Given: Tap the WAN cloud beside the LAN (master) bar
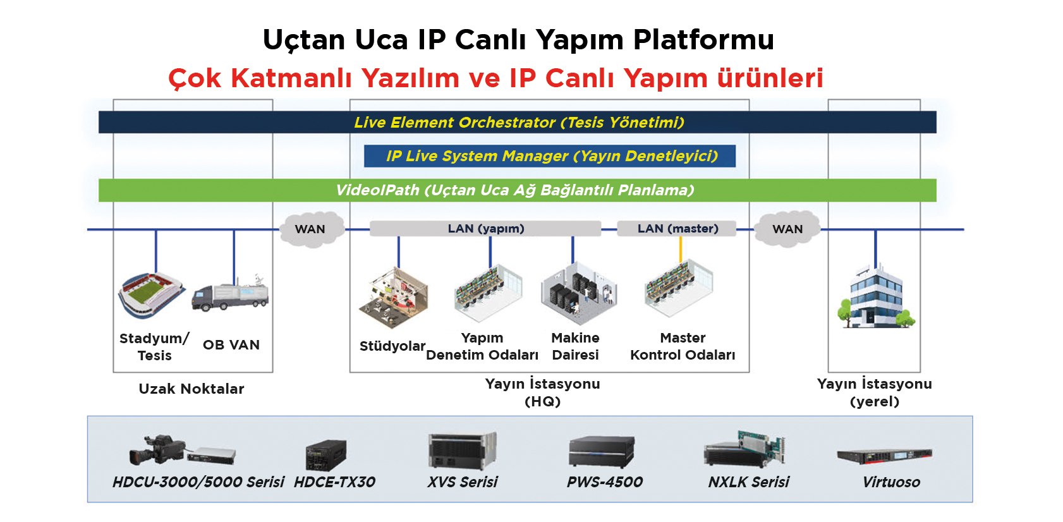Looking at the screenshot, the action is (x=787, y=229).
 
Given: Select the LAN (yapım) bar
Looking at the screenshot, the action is (x=485, y=229).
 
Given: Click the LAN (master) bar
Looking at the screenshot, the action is (x=677, y=229).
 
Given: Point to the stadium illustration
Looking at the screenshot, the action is (x=152, y=294).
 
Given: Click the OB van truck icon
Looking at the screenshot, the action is (x=231, y=294).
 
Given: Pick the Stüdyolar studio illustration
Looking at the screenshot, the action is (x=393, y=298).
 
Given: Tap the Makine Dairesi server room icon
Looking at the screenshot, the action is (x=578, y=293).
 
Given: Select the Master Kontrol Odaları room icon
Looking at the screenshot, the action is (x=679, y=288).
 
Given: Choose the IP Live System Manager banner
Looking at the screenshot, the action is (x=550, y=156).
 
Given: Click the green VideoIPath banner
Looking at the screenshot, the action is (x=517, y=190).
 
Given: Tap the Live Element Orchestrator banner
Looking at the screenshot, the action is (x=517, y=123).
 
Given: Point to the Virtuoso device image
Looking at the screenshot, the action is (x=885, y=456).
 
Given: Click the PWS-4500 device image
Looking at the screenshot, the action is (x=602, y=452).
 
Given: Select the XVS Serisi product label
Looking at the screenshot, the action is (x=462, y=482).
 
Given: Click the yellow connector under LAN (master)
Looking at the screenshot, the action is (x=681, y=250).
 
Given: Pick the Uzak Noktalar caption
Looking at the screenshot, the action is (x=191, y=389).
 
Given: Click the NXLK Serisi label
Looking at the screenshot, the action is (x=748, y=482).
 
